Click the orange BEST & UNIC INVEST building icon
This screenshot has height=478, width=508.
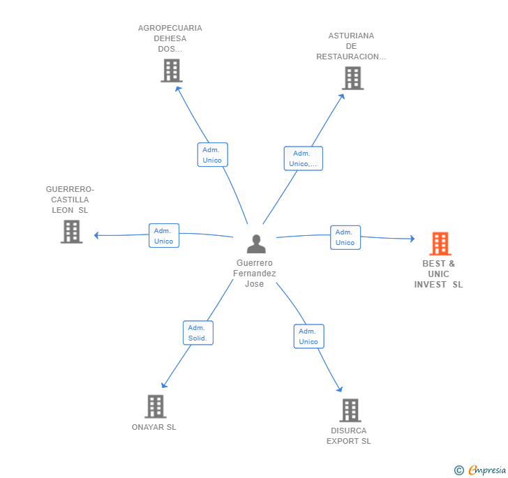440,244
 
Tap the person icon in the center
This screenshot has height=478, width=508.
256,244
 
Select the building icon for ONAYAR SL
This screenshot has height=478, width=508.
156,406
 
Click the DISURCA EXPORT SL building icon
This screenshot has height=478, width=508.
350,410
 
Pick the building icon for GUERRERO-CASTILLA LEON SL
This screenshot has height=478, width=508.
72,232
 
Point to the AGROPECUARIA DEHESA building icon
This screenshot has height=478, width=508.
172,70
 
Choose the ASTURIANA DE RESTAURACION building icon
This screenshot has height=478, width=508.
353,77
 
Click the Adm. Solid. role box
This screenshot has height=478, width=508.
198,333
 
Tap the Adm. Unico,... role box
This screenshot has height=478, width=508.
304,158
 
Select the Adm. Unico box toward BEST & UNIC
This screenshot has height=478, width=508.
345,237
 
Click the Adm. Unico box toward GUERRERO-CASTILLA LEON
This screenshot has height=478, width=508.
164,236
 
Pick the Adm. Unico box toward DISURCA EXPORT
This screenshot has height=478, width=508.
308,336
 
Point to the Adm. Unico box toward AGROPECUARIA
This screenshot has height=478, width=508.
213,155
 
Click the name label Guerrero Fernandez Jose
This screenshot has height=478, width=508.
254,273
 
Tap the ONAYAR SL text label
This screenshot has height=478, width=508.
154,427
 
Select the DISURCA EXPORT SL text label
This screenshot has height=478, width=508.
349,436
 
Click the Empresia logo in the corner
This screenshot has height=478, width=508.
480,470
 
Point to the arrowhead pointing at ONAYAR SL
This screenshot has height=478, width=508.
163,385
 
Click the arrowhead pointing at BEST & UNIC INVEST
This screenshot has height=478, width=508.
412,239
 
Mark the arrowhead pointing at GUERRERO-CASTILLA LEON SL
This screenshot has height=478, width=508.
96,235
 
